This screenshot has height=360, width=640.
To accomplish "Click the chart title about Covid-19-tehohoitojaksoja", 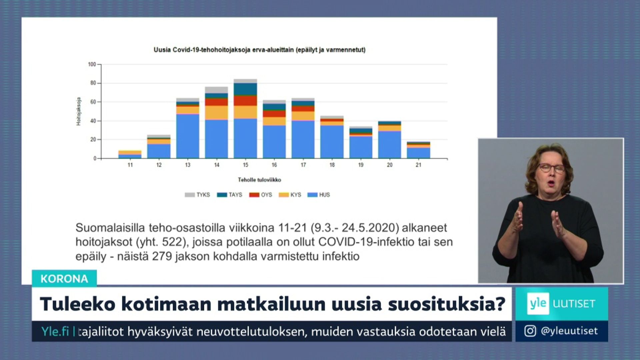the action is pyautogui.click(x=259, y=50).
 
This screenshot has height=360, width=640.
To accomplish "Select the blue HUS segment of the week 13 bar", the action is pyautogui.click(x=188, y=136).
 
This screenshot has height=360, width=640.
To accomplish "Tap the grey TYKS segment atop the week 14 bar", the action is pyautogui.click(x=217, y=90).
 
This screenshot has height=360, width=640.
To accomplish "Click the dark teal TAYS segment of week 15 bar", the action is pyautogui.click(x=245, y=89).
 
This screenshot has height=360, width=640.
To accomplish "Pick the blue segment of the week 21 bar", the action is pyautogui.click(x=418, y=153).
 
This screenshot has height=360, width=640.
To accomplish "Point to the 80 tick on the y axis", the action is pyautogui.click(x=93, y=83).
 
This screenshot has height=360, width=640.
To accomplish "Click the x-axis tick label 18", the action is pyautogui.click(x=332, y=165).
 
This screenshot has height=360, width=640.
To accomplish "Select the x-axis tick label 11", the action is pyautogui.click(x=130, y=165).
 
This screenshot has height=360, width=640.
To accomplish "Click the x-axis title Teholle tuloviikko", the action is pyautogui.click(x=259, y=180).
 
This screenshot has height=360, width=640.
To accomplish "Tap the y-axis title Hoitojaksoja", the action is pyautogui.click(x=79, y=111).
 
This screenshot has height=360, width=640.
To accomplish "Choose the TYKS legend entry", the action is pyautogui.click(x=197, y=195).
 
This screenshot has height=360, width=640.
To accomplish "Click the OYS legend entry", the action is pyautogui.click(x=261, y=195).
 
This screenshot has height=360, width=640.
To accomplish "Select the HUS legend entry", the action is pyautogui.click(x=319, y=195).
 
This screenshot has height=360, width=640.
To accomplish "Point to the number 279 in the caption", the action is pyautogui.click(x=162, y=256).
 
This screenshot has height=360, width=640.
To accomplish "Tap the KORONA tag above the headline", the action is pyautogui.click(x=64, y=279).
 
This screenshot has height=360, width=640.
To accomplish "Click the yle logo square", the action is pyautogui.click(x=538, y=304).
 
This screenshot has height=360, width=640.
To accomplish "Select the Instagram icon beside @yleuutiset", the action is pyautogui.click(x=530, y=331).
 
